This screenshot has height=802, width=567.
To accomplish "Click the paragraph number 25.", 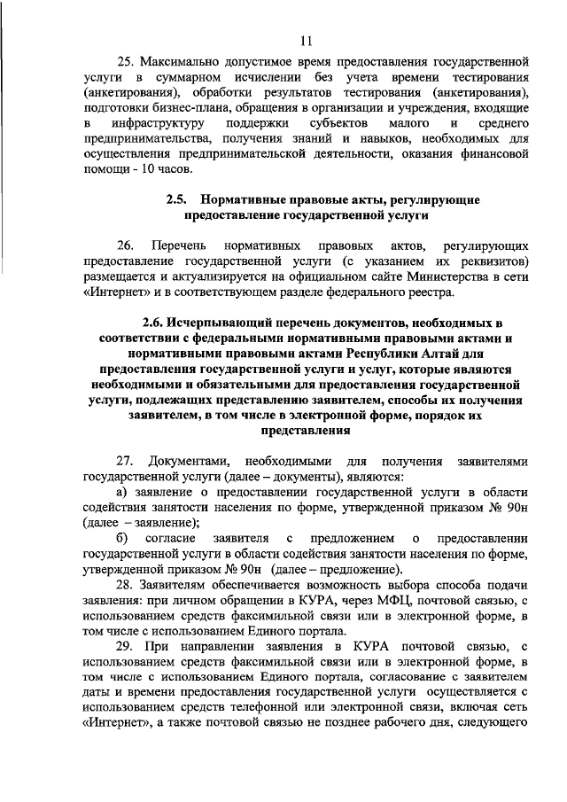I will [126, 64].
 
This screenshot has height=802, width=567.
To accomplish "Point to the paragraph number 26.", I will [126, 245].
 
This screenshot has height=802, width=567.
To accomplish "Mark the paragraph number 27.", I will [126, 461].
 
